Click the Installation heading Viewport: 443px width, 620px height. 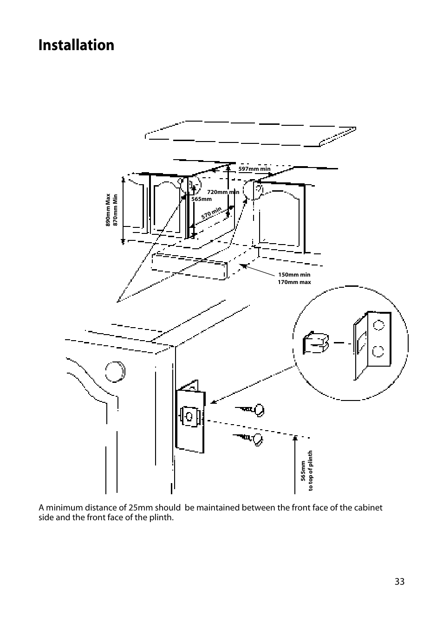tap(76, 45)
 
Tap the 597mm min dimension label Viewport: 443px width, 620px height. tap(254, 169)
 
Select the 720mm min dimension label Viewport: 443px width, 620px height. tap(223, 192)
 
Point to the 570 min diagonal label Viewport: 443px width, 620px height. tap(211, 213)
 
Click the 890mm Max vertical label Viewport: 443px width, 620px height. tap(108, 210)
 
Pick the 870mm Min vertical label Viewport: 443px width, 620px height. tap(115, 210)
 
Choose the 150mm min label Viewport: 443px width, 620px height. tap(294, 275)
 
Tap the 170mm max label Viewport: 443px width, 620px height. tap(294, 282)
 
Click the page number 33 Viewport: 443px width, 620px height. tap(399, 581)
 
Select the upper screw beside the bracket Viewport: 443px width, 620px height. tap(250, 410)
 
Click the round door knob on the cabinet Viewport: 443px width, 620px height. tap(115, 371)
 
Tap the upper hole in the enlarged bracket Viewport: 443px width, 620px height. tap(378, 325)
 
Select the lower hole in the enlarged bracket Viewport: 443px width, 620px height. tap(378, 351)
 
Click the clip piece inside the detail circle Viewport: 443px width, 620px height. tap(316, 342)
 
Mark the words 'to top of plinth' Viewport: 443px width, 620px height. tap(310, 471)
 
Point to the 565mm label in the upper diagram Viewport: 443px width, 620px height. tap(201, 199)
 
